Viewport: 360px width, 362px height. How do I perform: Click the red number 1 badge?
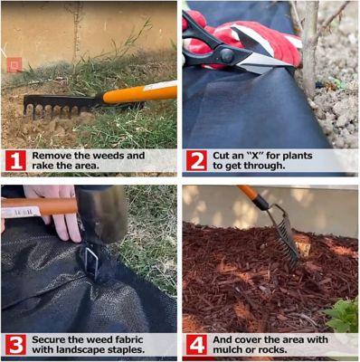click(15, 160)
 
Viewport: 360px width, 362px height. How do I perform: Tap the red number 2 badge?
click(196, 160)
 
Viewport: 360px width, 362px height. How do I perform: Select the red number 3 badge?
click(15, 345)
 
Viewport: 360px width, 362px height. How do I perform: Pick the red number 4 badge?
click(196, 345)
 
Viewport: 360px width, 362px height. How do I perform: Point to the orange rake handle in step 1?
click(139, 93)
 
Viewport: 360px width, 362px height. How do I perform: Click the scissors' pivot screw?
click(227, 56)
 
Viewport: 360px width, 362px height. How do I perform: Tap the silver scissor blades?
click(262, 62)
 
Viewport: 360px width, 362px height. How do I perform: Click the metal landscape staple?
click(91, 262)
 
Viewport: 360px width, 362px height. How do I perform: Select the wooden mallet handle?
click(39, 207)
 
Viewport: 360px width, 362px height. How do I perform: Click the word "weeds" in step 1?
click(109, 156)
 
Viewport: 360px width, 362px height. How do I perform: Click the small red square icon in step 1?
click(14, 65)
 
